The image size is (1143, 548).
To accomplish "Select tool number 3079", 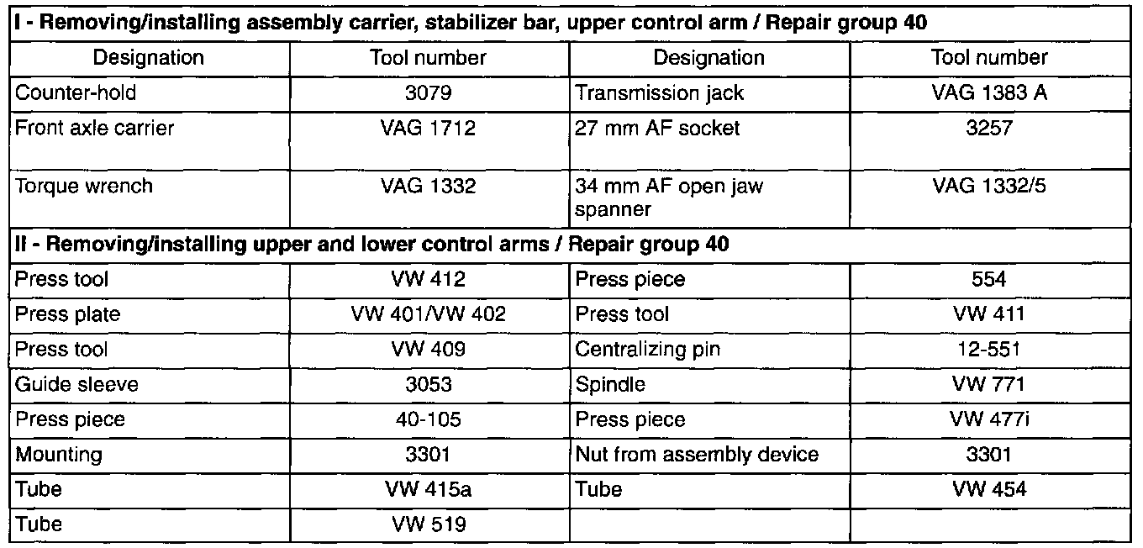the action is (x=428, y=92).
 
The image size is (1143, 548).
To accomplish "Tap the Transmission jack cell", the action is (x=660, y=92).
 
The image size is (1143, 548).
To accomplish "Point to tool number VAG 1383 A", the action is (x=989, y=92).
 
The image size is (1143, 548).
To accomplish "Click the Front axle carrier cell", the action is (x=94, y=129).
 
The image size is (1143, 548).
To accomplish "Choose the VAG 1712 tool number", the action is (x=428, y=129).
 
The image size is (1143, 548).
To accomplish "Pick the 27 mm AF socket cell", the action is (x=659, y=129).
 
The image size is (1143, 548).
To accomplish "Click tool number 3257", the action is (x=989, y=129).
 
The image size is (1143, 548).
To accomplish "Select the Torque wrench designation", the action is (x=84, y=186).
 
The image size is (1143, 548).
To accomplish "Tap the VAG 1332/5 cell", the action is (x=989, y=186).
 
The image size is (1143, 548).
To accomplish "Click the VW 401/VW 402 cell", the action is (x=428, y=314).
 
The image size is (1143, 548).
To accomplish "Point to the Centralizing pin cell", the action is (x=648, y=350).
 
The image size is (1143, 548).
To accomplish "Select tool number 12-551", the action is (x=989, y=350).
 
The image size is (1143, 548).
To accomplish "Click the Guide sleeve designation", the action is (x=77, y=385).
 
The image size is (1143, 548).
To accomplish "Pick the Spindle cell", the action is (x=611, y=385).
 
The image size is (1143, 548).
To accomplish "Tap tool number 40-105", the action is (x=428, y=419).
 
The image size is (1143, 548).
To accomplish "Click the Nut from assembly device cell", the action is (x=698, y=455).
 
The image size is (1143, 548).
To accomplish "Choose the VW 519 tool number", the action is (x=428, y=524).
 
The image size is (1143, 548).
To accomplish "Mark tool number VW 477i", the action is (x=989, y=419).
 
